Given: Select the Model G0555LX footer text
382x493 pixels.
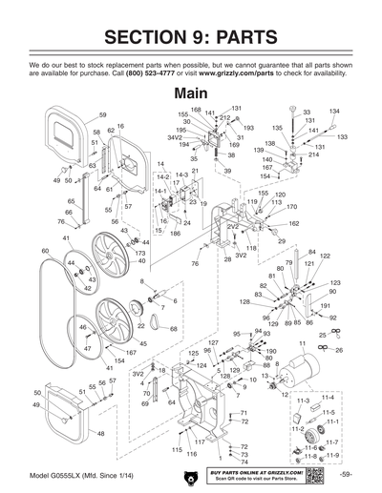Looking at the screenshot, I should (57, 474).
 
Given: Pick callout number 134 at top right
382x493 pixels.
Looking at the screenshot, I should (335, 112).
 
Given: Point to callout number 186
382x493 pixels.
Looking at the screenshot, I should (176, 233).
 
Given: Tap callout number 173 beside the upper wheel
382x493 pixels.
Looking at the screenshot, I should (140, 253).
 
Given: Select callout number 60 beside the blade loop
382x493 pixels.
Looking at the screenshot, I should (45, 250).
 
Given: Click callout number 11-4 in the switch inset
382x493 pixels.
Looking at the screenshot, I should (328, 396).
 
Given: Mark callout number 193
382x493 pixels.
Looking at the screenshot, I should (248, 127).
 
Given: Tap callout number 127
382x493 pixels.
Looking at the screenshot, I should (214, 341).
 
